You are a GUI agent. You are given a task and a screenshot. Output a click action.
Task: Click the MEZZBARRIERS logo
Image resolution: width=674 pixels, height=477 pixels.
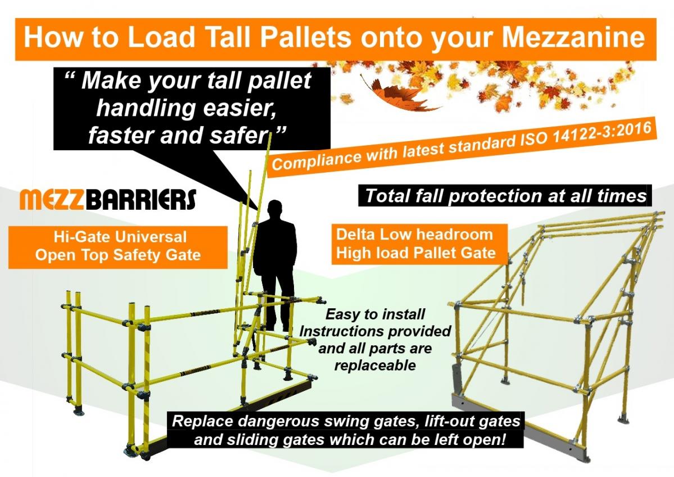[x=107, y=199]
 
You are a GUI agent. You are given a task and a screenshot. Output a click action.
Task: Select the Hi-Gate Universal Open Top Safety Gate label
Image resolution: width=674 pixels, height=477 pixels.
[x=118, y=246]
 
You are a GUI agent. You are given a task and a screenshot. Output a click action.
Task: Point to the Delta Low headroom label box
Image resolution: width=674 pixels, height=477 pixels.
[x=415, y=244]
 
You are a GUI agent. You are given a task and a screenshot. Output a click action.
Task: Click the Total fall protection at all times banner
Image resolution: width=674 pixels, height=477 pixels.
[x=504, y=196]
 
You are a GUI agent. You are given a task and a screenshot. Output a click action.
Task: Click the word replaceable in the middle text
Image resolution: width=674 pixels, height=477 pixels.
[x=375, y=365]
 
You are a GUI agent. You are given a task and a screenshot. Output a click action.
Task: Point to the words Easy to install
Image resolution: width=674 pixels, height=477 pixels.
[x=376, y=314]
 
